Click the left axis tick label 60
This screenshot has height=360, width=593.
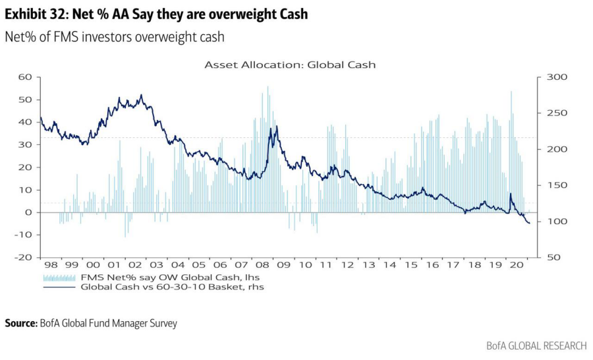(x=25, y=77)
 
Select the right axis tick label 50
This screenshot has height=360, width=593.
(x=553, y=258)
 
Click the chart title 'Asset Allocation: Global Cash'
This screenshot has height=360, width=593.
(x=290, y=65)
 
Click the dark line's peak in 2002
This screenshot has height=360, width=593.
(x=141, y=96)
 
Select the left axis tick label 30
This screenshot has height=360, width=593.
(x=25, y=145)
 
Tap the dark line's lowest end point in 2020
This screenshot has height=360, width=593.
(x=529, y=224)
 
